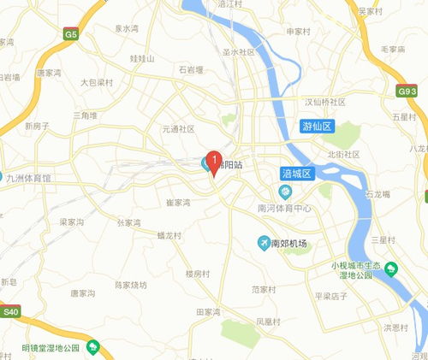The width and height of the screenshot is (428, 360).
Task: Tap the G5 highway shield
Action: pos(71,36)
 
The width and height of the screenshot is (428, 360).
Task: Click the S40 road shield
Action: pos(10,312)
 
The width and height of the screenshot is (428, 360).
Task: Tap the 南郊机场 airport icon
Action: pos(264,244)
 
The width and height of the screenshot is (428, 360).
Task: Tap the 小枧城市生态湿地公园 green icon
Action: pos(390,269)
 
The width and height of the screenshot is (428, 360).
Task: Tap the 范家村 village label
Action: pos(265,290)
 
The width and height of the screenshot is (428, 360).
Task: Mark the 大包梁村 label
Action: pos(97,84)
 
